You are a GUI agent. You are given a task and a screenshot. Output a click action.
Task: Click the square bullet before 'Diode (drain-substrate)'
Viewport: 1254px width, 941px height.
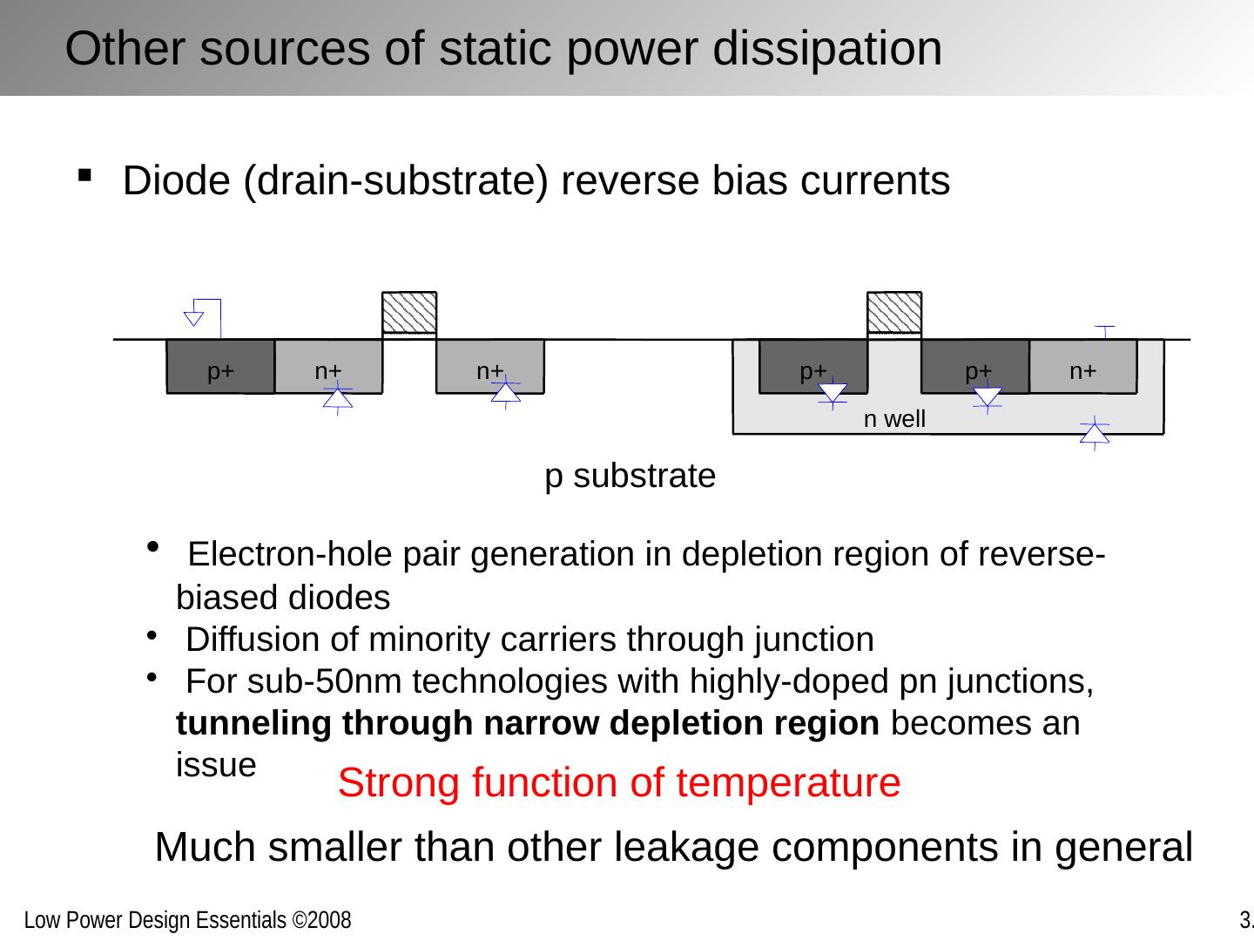coord(84,177)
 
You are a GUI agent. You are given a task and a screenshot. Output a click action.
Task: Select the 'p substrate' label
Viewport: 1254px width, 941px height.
coord(630,477)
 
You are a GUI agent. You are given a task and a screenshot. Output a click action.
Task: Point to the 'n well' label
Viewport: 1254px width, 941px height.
coord(894,419)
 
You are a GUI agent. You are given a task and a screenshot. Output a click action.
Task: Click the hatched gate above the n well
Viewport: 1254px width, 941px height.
coord(894,313)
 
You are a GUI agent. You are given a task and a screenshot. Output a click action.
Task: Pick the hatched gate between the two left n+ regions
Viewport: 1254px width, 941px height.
coord(409,313)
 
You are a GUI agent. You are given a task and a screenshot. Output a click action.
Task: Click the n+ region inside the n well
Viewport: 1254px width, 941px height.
coord(1082,367)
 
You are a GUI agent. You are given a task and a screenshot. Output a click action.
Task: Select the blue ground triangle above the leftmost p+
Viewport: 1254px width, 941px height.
coord(194,315)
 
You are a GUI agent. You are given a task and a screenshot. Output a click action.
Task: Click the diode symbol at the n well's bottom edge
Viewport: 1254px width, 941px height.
coord(1094,433)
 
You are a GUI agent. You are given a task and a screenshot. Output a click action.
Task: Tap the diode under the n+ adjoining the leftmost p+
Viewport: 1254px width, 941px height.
coord(337,398)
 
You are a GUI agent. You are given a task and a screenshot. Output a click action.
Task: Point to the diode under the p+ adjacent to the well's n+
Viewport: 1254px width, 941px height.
coord(988,396)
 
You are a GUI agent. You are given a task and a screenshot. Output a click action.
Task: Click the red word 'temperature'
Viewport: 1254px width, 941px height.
coord(788,782)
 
